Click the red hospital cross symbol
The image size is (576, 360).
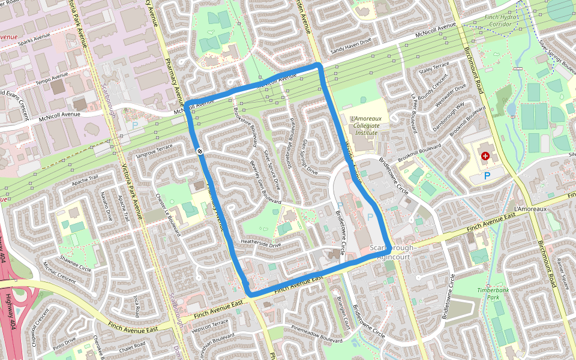click(x=485, y=156)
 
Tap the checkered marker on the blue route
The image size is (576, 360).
click(x=199, y=152)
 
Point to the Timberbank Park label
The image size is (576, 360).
click(x=493, y=293)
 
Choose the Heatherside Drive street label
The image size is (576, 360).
click(x=261, y=244)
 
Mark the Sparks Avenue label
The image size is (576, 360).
click(x=34, y=42)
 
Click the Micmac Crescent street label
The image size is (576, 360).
click(x=59, y=273)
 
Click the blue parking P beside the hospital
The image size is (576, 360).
click(x=487, y=176)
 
